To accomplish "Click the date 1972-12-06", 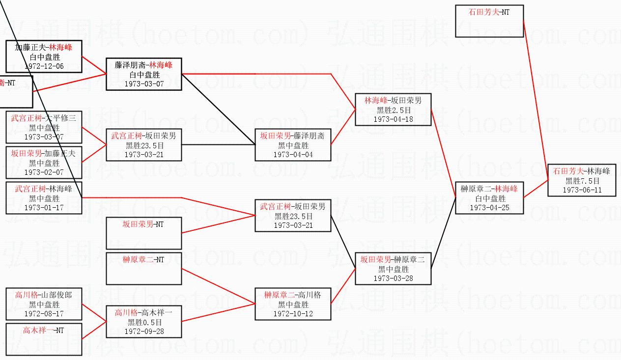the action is click(44, 66).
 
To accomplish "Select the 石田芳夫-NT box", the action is click(489, 21).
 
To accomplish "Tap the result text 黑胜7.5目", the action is click(582, 181).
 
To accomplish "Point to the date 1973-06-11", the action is click(582, 190).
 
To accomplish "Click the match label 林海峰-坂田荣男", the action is click(393, 101).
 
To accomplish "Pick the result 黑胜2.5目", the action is click(393, 110).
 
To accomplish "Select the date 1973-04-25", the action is click(489, 208).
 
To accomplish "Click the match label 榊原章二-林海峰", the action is click(489, 189).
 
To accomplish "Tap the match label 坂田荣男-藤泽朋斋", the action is click(293, 136).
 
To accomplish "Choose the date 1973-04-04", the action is click(293, 155).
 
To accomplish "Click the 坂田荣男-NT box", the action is click(144, 233).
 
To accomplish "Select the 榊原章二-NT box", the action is click(144, 268).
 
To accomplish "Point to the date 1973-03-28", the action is click(393, 278).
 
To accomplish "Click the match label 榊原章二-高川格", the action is click(293, 295).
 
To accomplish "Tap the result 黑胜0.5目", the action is click(144, 322).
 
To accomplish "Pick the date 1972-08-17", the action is click(44, 313).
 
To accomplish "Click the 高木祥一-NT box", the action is click(44, 338).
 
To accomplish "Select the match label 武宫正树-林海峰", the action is click(44, 189).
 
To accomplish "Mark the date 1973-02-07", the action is click(44, 172).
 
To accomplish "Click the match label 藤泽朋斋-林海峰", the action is click(144, 65).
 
